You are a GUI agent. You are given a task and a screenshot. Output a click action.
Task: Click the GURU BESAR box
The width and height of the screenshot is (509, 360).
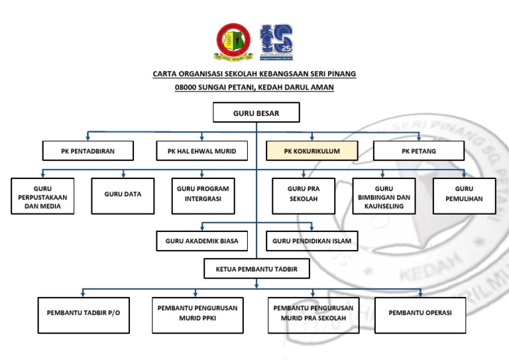click(256, 113)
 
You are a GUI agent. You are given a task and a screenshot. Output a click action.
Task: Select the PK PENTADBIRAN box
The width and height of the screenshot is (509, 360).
click(87, 151)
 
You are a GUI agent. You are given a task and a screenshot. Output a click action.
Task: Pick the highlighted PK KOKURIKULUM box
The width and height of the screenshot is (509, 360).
click(311, 151)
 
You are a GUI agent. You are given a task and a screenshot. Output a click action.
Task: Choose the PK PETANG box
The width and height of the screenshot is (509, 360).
click(418, 151)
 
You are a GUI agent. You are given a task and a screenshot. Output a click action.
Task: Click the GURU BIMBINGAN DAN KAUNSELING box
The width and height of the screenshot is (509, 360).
click(384, 197)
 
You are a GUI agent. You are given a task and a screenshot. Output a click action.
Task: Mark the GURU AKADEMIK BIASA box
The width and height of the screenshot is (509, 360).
click(201, 241)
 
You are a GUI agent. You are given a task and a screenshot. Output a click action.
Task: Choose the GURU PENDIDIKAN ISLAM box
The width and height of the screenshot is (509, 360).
click(311, 241)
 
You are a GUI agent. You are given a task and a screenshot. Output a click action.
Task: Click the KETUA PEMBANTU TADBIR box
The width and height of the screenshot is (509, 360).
click(256, 269)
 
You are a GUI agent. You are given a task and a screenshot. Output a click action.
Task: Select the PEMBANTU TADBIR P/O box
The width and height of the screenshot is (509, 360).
click(84, 312)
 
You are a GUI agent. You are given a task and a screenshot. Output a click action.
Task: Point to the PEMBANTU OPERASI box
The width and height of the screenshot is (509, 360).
click(420, 312)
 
